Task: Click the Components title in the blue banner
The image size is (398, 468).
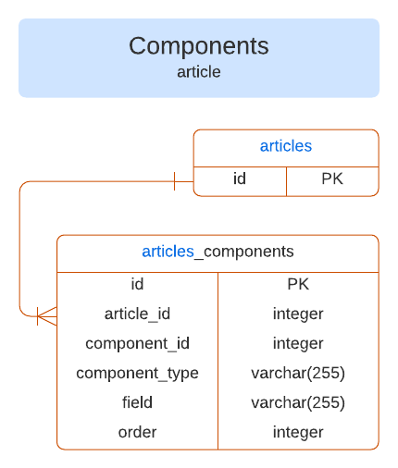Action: click(199, 46)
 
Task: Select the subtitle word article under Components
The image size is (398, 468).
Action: click(199, 71)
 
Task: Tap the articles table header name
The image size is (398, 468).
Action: click(285, 146)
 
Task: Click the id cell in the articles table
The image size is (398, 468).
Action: click(240, 179)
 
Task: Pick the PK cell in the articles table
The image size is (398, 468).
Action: click(332, 179)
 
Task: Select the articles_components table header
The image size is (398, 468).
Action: click(218, 252)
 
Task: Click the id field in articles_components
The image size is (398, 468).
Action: click(137, 284)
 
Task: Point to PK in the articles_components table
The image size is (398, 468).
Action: click(298, 284)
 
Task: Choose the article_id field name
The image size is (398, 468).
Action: click(137, 314)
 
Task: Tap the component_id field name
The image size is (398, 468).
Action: click(137, 343)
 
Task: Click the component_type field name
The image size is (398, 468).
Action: click(137, 373)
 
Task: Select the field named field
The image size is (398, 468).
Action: click(137, 402)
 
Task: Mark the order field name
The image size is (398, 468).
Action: click(137, 432)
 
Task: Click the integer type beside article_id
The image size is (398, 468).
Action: click(298, 314)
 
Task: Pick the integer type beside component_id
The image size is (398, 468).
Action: click(298, 343)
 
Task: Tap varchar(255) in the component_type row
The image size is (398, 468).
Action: click(298, 373)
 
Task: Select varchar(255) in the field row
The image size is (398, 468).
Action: click(298, 402)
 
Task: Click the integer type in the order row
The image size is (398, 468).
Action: click(298, 432)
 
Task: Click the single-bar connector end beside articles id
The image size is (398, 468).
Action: click(175, 180)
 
